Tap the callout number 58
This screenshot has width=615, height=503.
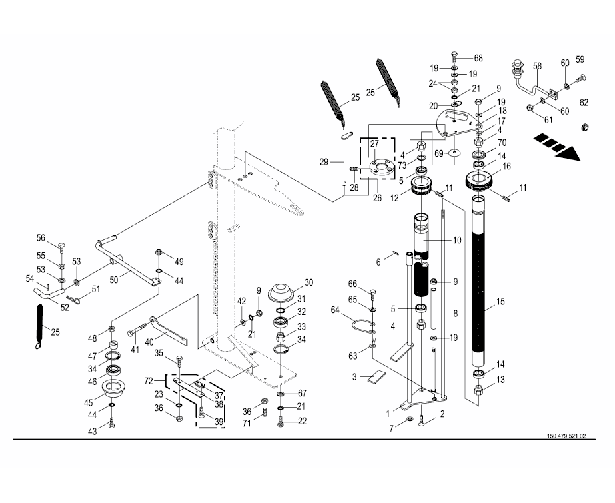(537, 67)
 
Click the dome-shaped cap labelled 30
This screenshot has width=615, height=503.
(281, 292)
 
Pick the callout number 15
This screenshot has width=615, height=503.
(499, 307)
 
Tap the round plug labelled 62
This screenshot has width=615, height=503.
(585, 127)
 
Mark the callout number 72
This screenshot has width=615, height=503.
(149, 380)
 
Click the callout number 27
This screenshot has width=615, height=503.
(374, 143)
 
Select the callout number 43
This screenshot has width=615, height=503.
(93, 431)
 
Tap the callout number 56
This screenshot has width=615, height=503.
(41, 238)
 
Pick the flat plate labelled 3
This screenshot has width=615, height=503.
(374, 376)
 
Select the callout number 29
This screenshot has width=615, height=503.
(324, 163)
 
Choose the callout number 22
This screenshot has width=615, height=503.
(302, 420)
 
